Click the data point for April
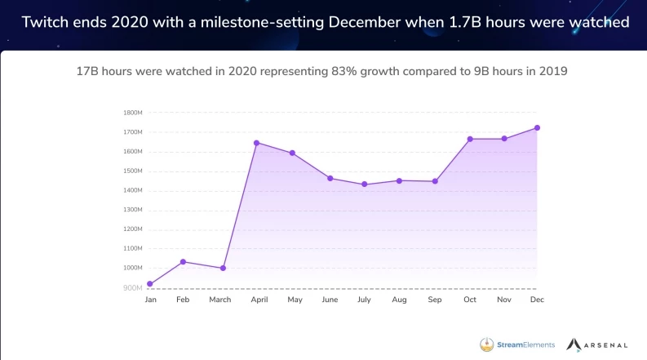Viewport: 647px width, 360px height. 257,143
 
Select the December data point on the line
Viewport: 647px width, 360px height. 538,127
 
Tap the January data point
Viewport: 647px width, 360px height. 150,284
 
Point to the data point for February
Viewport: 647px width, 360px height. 183,262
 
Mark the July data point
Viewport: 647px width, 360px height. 365,184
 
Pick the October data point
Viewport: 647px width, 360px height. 470,139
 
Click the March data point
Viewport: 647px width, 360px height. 223,268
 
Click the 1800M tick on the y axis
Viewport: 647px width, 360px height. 133,113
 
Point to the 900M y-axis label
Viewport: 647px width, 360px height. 133,288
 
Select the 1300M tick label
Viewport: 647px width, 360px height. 133,210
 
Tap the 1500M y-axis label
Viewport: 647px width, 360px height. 133,171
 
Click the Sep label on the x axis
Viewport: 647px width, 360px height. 435,300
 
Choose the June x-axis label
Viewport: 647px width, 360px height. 330,300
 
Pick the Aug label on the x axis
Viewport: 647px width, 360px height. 399,300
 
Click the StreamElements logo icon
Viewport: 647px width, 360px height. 487,344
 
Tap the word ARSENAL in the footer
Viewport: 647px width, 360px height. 605,344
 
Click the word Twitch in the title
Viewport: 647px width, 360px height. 44,22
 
